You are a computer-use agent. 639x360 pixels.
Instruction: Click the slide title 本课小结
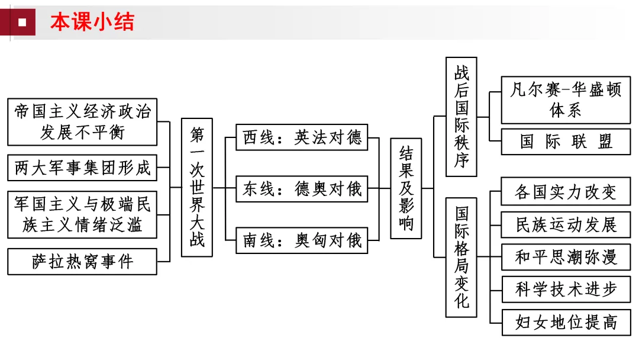coord(92,22)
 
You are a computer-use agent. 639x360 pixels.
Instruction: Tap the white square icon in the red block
coord(22,22)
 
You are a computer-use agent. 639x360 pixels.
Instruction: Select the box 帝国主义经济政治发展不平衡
coord(82,121)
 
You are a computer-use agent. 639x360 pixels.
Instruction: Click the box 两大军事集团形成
coord(82,168)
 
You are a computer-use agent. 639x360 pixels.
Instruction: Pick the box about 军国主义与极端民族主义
coord(82,214)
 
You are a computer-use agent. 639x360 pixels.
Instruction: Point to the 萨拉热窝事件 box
coord(82,261)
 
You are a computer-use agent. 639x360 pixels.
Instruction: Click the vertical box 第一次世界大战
coord(197,187)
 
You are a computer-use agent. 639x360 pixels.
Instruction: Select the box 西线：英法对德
coord(302,138)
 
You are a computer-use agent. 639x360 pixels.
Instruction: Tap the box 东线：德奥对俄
coord(302,189)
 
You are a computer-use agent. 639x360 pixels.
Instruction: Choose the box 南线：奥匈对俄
coord(302,240)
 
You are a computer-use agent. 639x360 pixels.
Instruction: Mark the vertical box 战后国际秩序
coord(461,117)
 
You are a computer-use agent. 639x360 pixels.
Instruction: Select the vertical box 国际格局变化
coord(461,257)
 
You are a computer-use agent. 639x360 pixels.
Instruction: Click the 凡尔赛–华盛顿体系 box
coord(566,100)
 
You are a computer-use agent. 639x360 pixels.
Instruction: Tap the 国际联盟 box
coord(566,142)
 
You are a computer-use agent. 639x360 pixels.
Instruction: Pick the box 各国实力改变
coord(566,192)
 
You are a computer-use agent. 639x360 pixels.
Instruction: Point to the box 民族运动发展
coord(566,224)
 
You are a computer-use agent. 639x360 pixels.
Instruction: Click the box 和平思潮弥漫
coord(566,257)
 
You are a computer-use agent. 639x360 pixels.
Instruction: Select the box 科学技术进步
coord(566,290)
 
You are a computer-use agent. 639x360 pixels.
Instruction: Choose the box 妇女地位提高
coord(566,322)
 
